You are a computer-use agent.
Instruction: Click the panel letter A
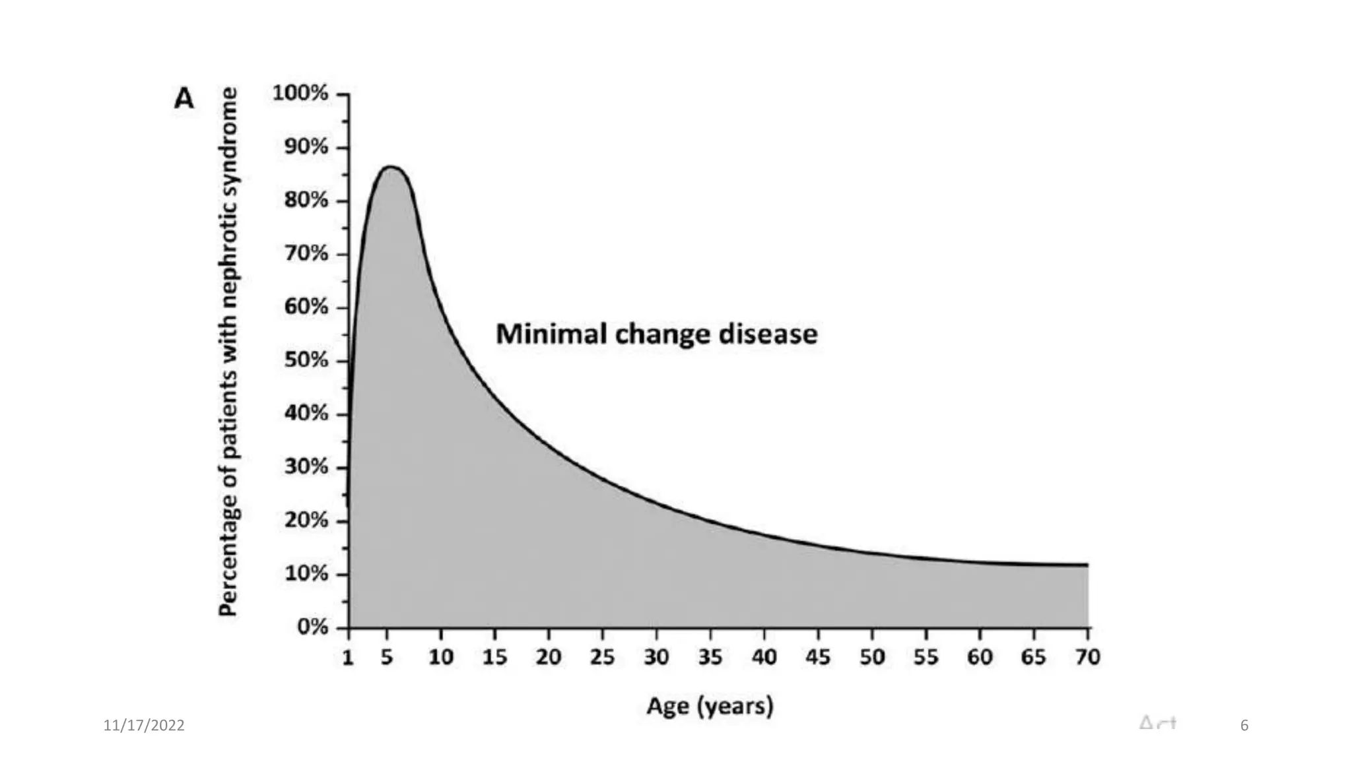(x=184, y=99)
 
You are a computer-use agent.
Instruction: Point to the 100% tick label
(x=300, y=93)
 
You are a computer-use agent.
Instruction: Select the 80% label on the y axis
(x=306, y=200)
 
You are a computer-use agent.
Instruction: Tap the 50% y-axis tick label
(x=306, y=360)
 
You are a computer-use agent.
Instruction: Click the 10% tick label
(x=306, y=573)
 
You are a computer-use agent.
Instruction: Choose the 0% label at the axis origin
(x=312, y=627)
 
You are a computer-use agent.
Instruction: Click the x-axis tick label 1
(x=348, y=657)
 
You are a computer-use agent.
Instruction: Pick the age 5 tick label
(x=387, y=657)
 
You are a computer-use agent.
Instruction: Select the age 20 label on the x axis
(x=548, y=657)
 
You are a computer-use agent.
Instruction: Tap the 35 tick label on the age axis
(x=710, y=657)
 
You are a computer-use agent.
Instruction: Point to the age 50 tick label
(x=872, y=657)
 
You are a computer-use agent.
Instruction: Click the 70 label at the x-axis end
(x=1088, y=657)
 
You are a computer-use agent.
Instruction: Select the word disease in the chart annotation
(x=768, y=334)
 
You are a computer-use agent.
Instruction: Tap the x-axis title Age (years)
(x=710, y=706)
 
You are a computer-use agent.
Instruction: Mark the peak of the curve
(x=390, y=167)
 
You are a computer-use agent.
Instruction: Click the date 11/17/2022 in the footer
(x=144, y=726)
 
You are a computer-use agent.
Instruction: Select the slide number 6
(x=1244, y=726)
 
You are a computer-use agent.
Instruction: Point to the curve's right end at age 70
(x=1087, y=565)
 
